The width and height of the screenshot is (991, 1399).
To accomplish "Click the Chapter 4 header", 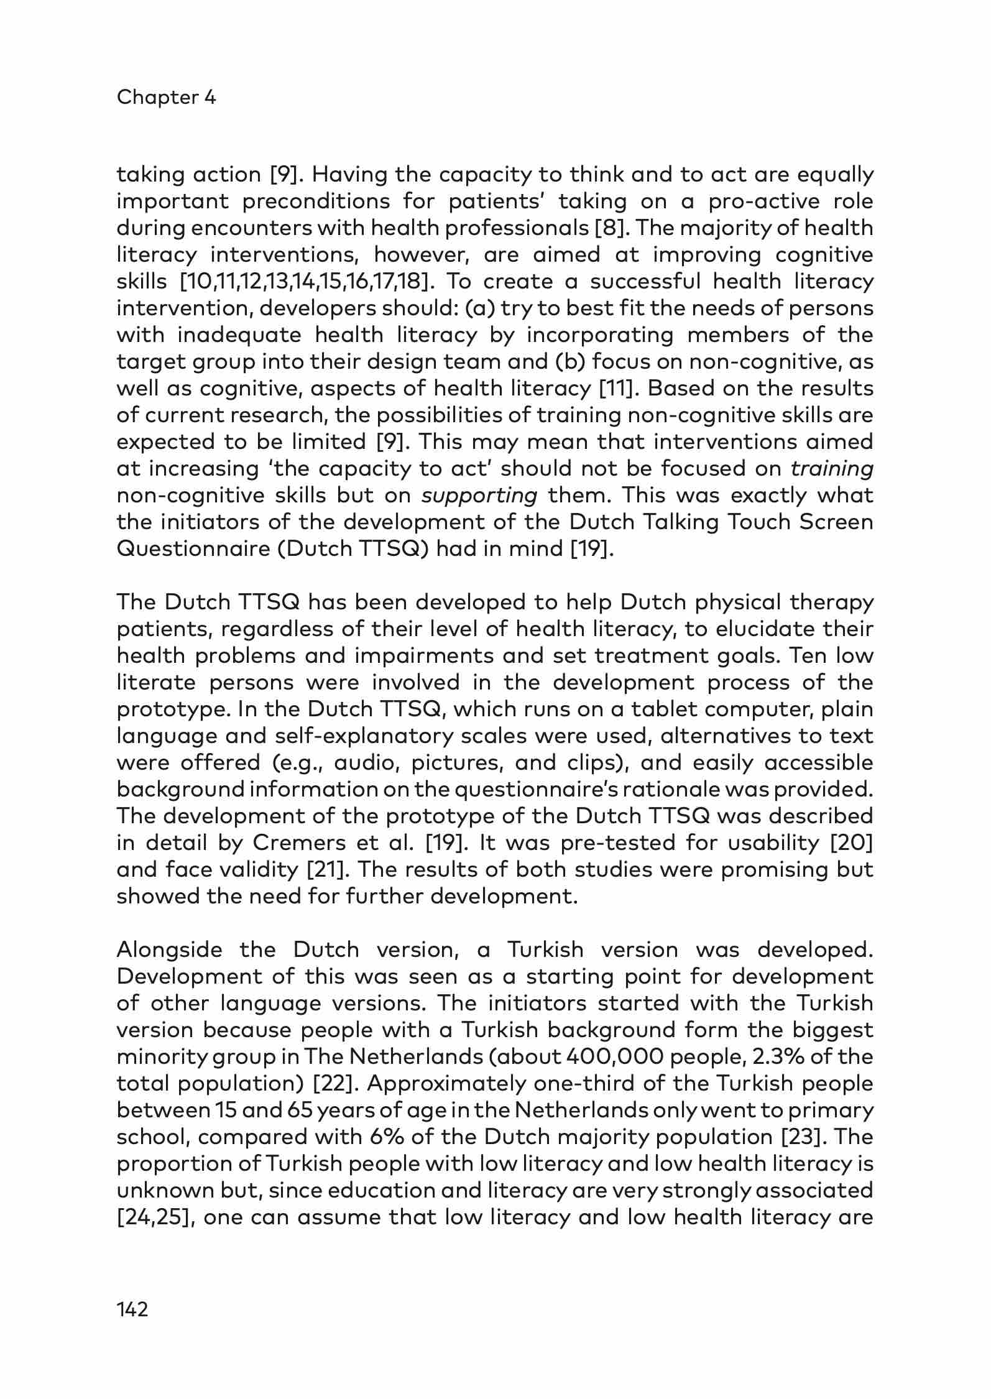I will click(166, 98).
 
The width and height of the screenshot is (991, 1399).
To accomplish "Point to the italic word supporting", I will click(479, 496).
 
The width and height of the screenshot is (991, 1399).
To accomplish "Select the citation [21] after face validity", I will click(322, 870).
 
